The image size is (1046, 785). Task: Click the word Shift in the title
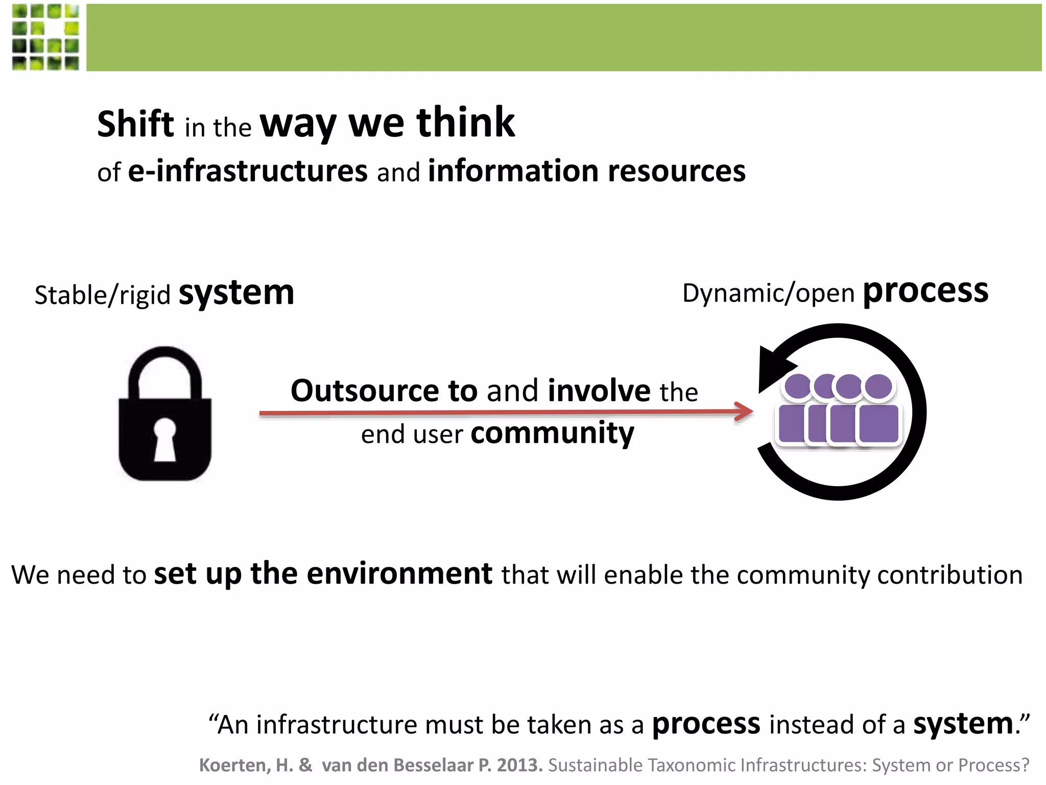(x=135, y=124)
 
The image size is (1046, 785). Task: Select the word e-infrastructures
(x=247, y=171)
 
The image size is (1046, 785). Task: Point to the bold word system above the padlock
(x=236, y=293)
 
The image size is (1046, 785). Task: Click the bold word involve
(x=599, y=391)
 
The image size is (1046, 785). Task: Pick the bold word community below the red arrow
(x=552, y=433)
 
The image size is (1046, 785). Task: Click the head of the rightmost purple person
(x=878, y=386)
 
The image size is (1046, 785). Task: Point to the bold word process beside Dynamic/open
(x=925, y=291)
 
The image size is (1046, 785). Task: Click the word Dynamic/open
(x=768, y=293)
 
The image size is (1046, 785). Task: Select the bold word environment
(x=399, y=573)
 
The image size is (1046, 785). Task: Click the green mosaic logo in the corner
(x=45, y=37)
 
